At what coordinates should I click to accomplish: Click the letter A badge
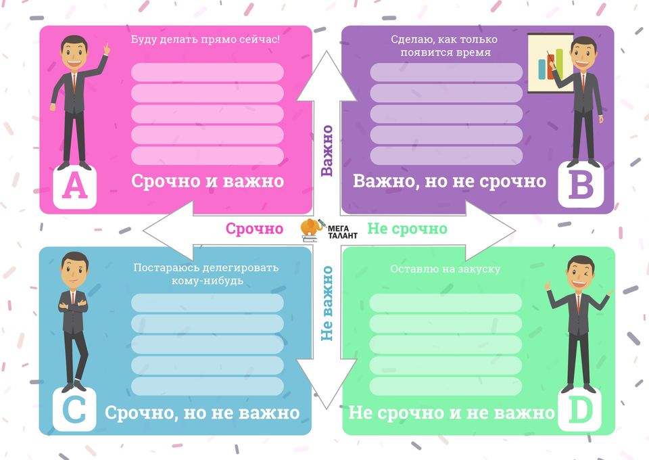pyautogui.click(x=74, y=186)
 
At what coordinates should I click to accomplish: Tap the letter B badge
pyautogui.click(x=580, y=185)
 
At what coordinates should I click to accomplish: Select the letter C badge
pyautogui.click(x=74, y=409)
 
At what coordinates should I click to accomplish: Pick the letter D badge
pyautogui.click(x=579, y=410)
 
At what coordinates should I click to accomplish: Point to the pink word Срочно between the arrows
pyautogui.click(x=255, y=229)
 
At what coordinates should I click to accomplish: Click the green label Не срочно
pyautogui.click(x=407, y=229)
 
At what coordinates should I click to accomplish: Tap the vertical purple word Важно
pyautogui.click(x=327, y=151)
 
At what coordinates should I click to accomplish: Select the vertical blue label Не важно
pyautogui.click(x=327, y=304)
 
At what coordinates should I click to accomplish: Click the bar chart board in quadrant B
pyautogui.click(x=550, y=63)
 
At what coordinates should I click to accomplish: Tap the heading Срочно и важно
pyautogui.click(x=208, y=181)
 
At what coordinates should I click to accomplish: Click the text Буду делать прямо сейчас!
pyautogui.click(x=206, y=39)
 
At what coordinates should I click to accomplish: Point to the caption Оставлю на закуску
pyautogui.click(x=446, y=269)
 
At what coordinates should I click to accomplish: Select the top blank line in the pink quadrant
pyautogui.click(x=208, y=72)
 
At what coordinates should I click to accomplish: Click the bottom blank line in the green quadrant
pyautogui.click(x=446, y=386)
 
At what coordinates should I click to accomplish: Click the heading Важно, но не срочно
pyautogui.click(x=450, y=181)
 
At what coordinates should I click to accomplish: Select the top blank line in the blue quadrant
pyautogui.click(x=208, y=302)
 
